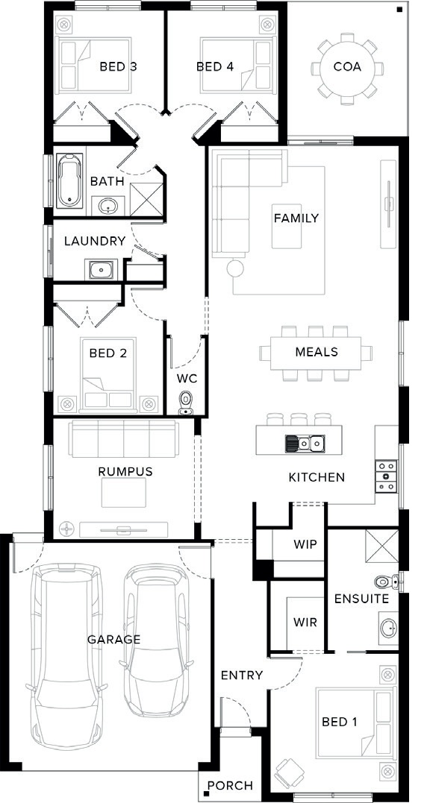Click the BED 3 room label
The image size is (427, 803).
[x=118, y=66]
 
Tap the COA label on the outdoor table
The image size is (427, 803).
[x=347, y=66]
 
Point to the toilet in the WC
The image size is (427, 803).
[x=185, y=403]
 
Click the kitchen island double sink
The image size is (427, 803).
[x=305, y=443]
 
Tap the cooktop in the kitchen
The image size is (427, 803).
[x=386, y=476]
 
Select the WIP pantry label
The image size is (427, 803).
[x=305, y=544]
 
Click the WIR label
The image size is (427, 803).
[x=305, y=623]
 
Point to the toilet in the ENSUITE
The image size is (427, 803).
[x=387, y=582]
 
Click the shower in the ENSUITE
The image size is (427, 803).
[x=381, y=547]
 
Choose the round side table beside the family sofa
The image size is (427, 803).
[x=236, y=268]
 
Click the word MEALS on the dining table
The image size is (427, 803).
[x=317, y=352]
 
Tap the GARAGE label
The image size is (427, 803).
[x=113, y=639]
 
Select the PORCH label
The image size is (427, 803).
[x=230, y=785]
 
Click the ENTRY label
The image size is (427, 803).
[x=241, y=675]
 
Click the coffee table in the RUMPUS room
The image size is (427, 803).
[x=123, y=492]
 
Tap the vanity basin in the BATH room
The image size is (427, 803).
[x=107, y=207]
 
